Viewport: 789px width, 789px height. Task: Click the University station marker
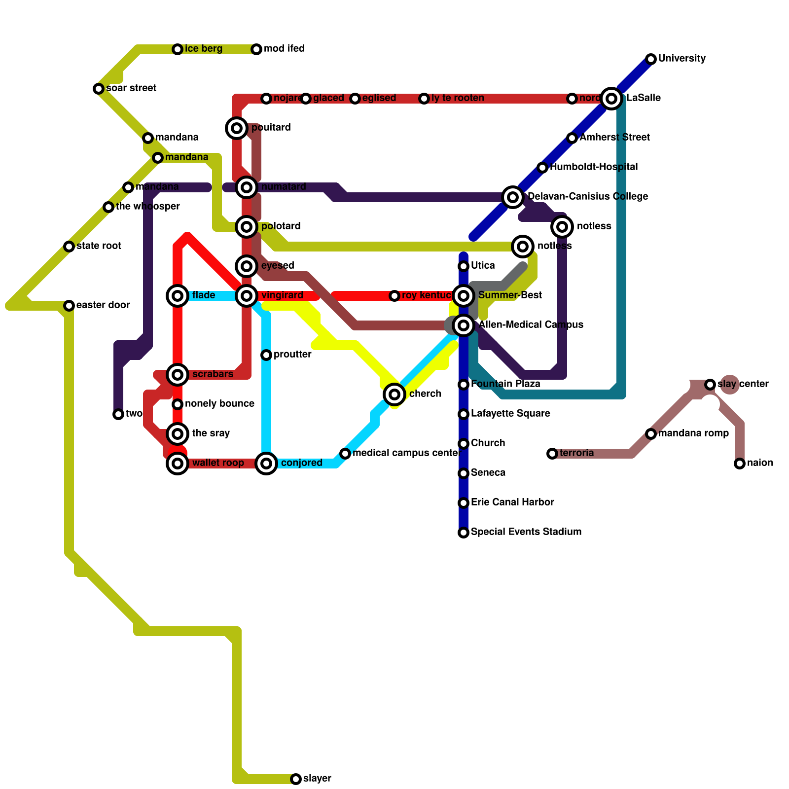pyautogui.click(x=651, y=59)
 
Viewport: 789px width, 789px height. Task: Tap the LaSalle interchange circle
pyautogui.click(x=611, y=99)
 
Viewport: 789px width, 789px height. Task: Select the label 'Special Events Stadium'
pyautogui.click(x=526, y=532)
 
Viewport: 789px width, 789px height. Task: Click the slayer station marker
pyautogui.click(x=296, y=779)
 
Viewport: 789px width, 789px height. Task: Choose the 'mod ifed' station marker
pyautogui.click(x=256, y=49)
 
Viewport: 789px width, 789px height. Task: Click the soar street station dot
pyautogui.click(x=99, y=89)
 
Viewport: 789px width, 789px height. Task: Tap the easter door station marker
pyautogui.click(x=69, y=306)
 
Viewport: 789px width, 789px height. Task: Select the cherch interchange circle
pyautogui.click(x=394, y=394)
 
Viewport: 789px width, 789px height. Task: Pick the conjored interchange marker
pyautogui.click(x=266, y=464)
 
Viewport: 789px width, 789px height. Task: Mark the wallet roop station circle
pyautogui.click(x=178, y=464)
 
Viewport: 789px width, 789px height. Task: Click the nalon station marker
pyautogui.click(x=740, y=464)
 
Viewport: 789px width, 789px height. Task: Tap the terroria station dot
pyautogui.click(x=552, y=454)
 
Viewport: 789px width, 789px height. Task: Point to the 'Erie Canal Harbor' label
pyautogui.click(x=512, y=502)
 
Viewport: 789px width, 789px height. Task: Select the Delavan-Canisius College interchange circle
pyautogui.click(x=513, y=197)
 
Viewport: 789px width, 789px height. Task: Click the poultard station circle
pyautogui.click(x=237, y=128)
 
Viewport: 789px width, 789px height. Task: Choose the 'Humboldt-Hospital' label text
pyautogui.click(x=594, y=167)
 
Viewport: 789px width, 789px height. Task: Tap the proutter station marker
pyautogui.click(x=266, y=355)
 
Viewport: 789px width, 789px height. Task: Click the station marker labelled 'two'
pyautogui.click(x=118, y=414)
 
